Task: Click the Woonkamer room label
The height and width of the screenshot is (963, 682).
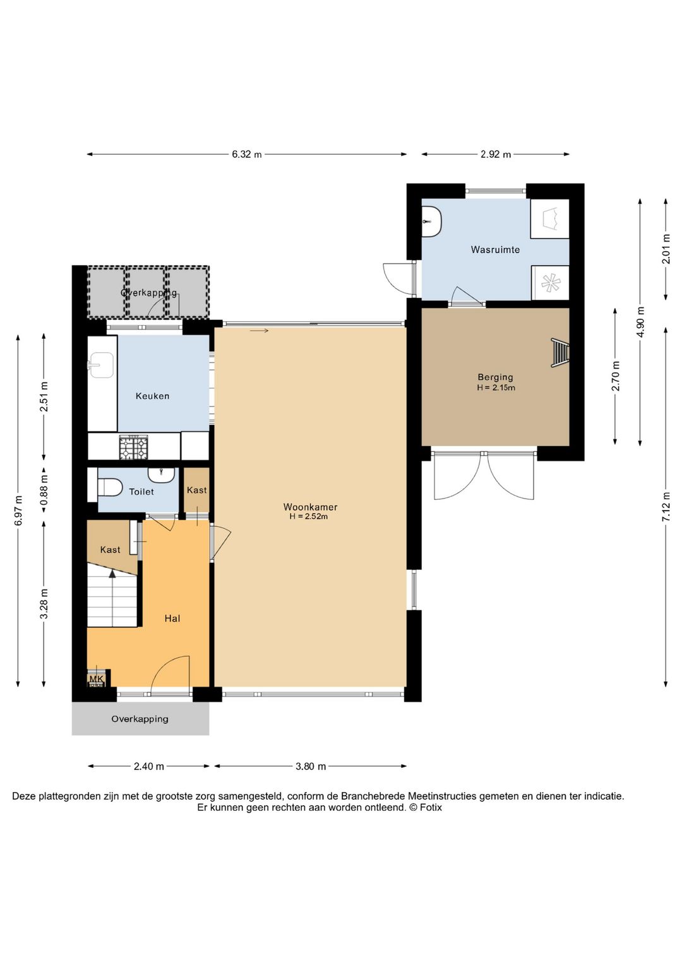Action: click(x=310, y=507)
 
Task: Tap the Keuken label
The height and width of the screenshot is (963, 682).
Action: click(x=152, y=396)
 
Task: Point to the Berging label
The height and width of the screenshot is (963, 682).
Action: click(x=495, y=377)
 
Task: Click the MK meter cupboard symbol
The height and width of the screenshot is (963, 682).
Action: click(x=96, y=679)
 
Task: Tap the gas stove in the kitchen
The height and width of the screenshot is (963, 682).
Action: click(x=134, y=447)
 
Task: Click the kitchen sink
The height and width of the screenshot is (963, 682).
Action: click(x=100, y=365)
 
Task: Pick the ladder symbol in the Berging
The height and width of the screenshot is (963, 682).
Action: click(x=560, y=353)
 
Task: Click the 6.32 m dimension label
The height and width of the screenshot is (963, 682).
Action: click(x=246, y=155)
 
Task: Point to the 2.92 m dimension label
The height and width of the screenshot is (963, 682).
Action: click(x=496, y=155)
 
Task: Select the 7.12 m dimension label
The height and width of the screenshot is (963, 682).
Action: click(x=666, y=507)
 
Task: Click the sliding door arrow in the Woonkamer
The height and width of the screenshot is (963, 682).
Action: click(x=259, y=331)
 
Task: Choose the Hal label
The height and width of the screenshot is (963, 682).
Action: click(x=172, y=618)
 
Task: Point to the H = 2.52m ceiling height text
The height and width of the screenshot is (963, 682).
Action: click(x=309, y=516)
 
